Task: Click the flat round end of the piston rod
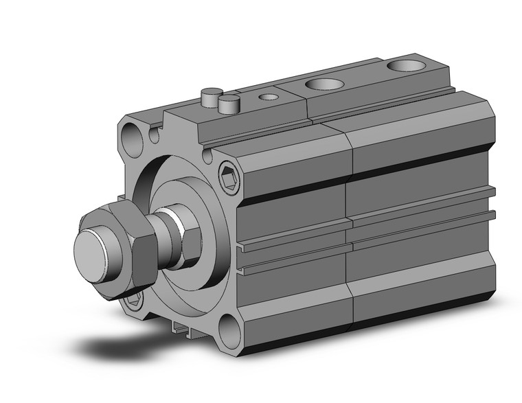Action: pyautogui.click(x=97, y=250)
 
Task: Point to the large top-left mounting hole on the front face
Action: pyautogui.click(x=134, y=139)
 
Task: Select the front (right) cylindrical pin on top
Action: pyautogui.click(x=229, y=104)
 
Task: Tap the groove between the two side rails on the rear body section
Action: pyautogui.click(x=422, y=218)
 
